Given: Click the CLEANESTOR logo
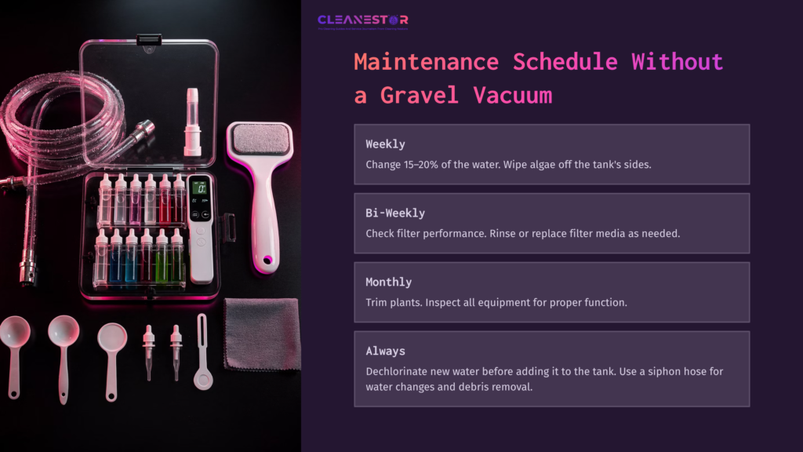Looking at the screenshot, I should coord(362,20).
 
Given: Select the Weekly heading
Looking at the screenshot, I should coord(385,144).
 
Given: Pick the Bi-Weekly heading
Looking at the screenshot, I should coord(395,213).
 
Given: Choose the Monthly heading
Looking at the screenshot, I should coord(388,282).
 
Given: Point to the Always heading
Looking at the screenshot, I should coord(385,351).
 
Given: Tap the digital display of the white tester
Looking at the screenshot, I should coord(201,189).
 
